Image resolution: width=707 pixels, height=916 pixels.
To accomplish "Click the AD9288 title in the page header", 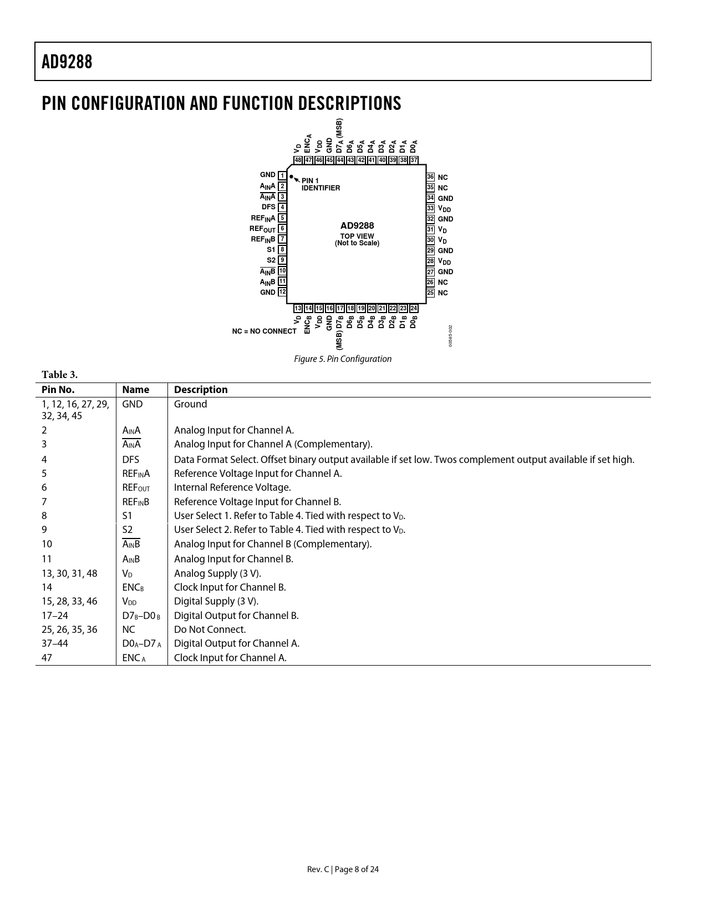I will (x=67, y=62).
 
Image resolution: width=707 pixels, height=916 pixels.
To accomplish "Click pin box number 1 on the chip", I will (x=282, y=176).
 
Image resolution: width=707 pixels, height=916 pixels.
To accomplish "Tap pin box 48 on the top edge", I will (x=298, y=160).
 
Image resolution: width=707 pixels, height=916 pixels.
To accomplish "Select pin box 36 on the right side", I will (x=430, y=177).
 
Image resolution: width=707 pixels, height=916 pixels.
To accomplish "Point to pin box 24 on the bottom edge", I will (x=414, y=309).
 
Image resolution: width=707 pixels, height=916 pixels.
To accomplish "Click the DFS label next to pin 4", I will (x=268, y=207).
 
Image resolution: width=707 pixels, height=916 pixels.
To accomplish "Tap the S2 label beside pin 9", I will (x=271, y=260).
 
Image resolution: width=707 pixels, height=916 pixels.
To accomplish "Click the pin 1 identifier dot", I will (x=291, y=177).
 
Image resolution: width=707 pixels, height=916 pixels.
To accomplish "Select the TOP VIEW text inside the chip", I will (x=357, y=236).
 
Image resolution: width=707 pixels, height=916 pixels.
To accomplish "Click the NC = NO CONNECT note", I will (x=264, y=331).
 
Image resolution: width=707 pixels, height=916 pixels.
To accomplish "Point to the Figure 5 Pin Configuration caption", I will (x=343, y=359).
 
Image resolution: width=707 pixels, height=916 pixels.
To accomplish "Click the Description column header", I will (x=201, y=390).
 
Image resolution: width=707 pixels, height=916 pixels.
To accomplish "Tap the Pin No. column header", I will (x=58, y=390).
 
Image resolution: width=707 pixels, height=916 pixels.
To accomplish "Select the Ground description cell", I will (x=190, y=404).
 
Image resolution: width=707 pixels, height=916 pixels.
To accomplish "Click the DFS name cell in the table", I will (x=131, y=460).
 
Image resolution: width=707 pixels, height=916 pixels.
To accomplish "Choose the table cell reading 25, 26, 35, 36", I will (x=69, y=630).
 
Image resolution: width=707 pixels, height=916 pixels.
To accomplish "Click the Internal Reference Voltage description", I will (x=232, y=487).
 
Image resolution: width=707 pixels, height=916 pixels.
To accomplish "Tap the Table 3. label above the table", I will (x=59, y=374).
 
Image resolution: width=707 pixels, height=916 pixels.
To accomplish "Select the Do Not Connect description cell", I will (x=210, y=630).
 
